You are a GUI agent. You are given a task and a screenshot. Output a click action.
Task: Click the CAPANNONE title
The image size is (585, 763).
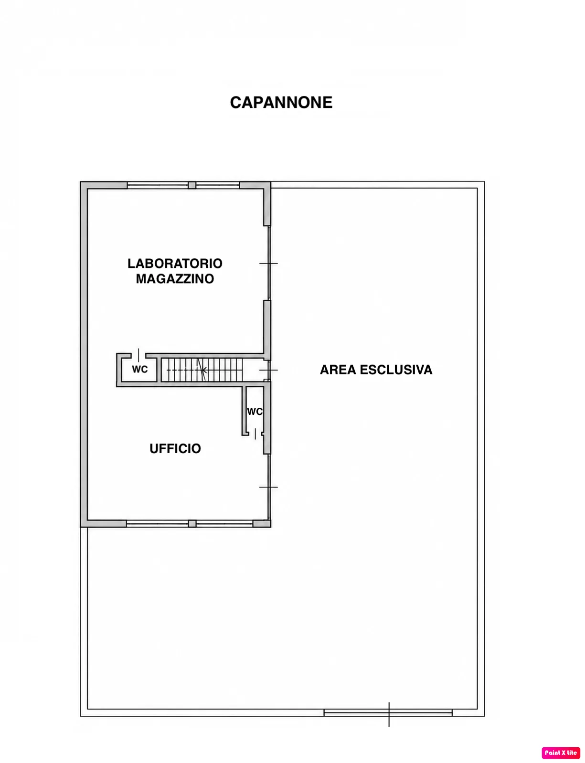(x=281, y=102)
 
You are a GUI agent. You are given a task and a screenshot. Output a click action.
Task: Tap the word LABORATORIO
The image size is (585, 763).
(x=175, y=264)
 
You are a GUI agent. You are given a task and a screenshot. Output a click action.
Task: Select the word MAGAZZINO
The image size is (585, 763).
(x=175, y=279)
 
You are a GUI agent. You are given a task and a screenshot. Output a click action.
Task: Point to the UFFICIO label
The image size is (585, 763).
(x=175, y=448)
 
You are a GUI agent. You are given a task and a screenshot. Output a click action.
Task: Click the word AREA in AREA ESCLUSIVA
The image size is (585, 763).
(x=338, y=370)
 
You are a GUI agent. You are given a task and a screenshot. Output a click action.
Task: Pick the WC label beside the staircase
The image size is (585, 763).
(x=140, y=370)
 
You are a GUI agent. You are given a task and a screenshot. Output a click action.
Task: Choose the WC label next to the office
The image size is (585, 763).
(x=255, y=412)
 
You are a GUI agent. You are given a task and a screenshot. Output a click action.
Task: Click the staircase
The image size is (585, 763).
(x=205, y=370)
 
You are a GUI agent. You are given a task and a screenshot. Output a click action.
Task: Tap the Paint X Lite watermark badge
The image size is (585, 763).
(x=561, y=752)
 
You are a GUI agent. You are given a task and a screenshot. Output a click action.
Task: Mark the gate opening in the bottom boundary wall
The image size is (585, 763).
(x=388, y=712)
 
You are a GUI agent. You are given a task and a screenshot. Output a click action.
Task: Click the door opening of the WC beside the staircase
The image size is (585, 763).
(x=138, y=355)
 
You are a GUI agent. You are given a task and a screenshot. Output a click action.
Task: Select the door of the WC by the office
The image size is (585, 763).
(x=255, y=434)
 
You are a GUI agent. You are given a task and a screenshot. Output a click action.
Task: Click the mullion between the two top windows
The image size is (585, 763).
(x=191, y=185)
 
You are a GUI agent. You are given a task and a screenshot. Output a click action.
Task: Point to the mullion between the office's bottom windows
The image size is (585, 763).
(x=192, y=523)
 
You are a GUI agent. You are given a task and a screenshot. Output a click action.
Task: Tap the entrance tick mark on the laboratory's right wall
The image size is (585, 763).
(x=268, y=264)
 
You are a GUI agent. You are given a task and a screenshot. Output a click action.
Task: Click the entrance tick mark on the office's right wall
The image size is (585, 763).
(x=268, y=487)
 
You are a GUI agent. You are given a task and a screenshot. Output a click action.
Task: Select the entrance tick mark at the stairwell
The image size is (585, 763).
(x=268, y=370)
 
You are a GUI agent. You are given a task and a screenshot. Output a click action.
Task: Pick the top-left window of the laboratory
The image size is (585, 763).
(x=157, y=185)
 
